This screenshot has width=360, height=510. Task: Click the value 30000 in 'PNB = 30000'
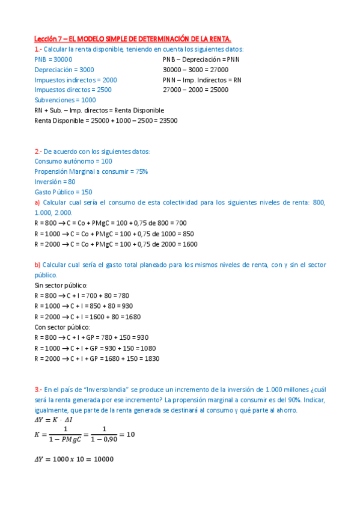(63, 60)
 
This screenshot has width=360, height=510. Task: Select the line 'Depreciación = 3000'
(64, 70)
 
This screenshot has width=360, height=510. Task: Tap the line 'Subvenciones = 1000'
(65, 100)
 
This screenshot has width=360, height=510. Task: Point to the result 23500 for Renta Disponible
(168, 120)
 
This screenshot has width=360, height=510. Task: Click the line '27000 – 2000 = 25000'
(195, 90)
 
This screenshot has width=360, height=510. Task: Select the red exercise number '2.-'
(38, 152)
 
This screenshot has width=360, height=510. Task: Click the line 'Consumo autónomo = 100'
(73, 161)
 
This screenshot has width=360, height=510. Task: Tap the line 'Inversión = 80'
(55, 182)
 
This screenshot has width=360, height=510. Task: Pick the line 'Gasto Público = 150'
(63, 192)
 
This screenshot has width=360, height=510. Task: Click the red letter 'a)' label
(37, 203)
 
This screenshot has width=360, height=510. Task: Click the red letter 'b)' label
(37, 265)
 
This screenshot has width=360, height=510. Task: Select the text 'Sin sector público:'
(61, 285)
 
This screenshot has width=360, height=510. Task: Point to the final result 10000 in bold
(100, 459)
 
